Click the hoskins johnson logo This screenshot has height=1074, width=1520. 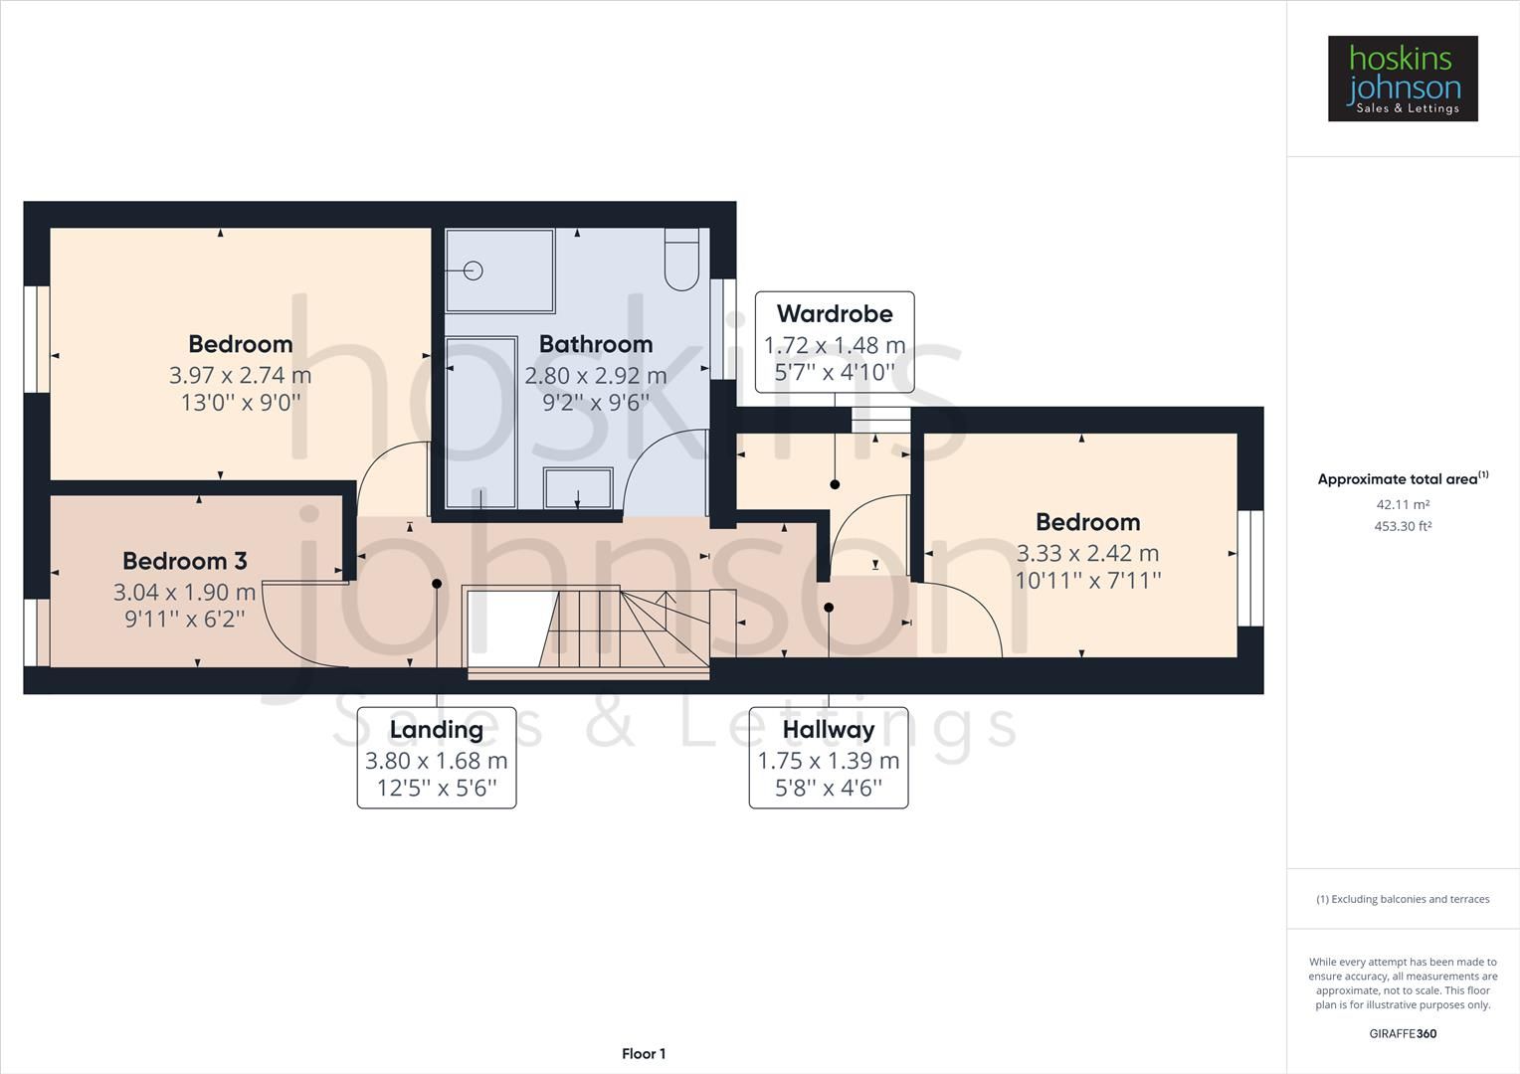pos(1403,79)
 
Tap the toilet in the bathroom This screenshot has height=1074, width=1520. pos(681,261)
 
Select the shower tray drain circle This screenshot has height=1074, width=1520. pos(473,270)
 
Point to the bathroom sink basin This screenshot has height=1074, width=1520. pos(578,487)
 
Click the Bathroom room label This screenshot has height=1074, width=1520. pos(596,344)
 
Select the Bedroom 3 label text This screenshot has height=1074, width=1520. pos(184,561)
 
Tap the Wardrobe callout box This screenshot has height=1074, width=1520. pos(834,343)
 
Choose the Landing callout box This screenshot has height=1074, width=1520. pos(437,758)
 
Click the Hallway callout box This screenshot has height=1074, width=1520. pos(828,758)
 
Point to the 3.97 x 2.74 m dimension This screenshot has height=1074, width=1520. pos(240,375)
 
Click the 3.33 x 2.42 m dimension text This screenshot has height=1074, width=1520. pos(1087,553)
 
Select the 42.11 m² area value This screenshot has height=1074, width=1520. pos(1403,504)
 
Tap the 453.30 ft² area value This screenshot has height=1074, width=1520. pos(1403,526)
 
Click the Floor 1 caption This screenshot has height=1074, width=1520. pos(644,1054)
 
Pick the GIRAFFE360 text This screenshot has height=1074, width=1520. pos(1403,1033)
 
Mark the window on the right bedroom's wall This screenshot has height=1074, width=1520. pos(1250,568)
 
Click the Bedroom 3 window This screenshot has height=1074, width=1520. pos(37,631)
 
